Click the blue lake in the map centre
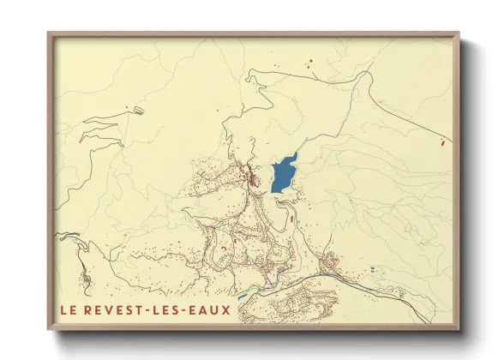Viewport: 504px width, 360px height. coord(282,175)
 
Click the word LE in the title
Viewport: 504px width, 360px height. coord(69,309)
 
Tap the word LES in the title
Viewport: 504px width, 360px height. coord(173,309)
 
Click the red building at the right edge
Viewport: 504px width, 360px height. coord(441,141)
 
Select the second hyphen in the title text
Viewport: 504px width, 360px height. coord(192,309)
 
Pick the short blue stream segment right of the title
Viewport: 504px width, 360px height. coord(243,297)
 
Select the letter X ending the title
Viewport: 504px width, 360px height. coord(225,309)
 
